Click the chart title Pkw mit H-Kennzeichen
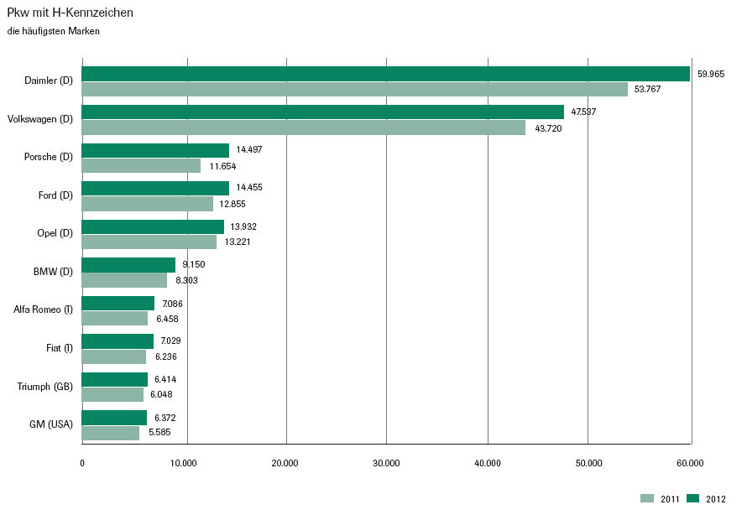70,13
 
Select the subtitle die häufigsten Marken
53,32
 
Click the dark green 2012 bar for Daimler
386,74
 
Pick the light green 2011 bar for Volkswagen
304,127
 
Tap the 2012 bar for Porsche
155,150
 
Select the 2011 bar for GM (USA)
111,433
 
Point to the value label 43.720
548,128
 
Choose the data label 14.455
249,188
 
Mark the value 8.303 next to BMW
186,280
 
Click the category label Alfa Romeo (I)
44,310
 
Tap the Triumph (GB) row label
45,386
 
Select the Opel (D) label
55,233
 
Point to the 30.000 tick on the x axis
386,463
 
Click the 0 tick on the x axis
82,463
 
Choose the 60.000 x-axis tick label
690,463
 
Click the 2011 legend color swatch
646,498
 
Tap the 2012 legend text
715,499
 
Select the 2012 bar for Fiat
118,341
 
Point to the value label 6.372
165,418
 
